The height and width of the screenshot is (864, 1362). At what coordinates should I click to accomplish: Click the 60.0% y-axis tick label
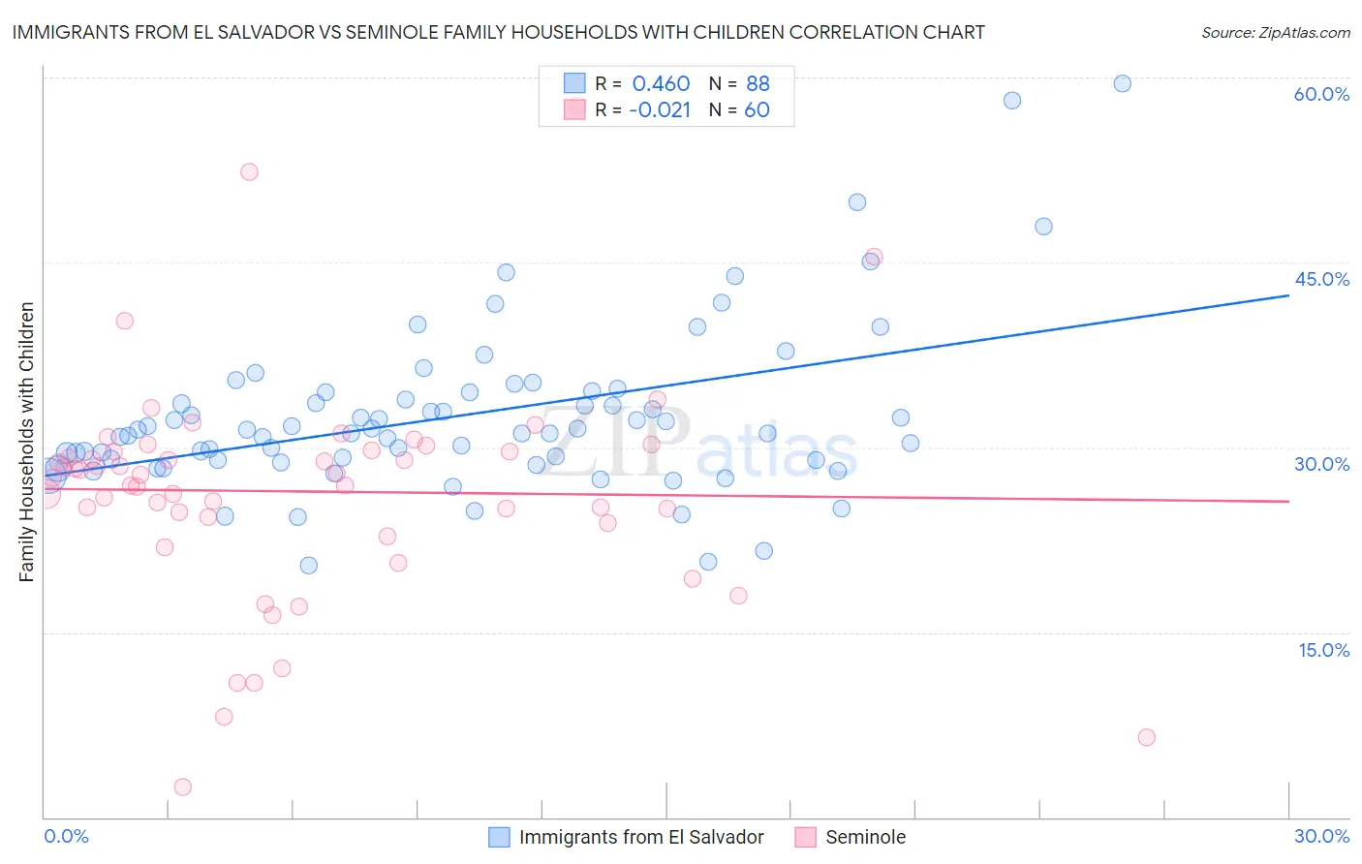click(x=1321, y=94)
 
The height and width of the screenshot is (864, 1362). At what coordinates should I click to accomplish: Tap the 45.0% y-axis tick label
click(x=1321, y=279)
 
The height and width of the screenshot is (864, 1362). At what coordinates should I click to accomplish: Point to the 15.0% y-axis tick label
click(x=1323, y=650)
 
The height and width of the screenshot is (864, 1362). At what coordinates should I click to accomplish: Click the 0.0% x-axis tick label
click(x=66, y=836)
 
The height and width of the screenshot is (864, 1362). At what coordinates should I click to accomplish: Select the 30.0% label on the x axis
click(x=1321, y=836)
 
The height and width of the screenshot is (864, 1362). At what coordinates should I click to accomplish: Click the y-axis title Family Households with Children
click(x=26, y=442)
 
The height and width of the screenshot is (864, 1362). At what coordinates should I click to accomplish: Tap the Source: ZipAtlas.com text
click(x=1275, y=32)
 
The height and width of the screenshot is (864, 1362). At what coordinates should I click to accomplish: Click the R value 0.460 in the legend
click(x=661, y=83)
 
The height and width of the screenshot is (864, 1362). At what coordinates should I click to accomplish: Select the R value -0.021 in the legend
click(x=659, y=109)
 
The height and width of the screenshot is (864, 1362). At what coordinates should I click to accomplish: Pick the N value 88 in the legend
click(x=758, y=83)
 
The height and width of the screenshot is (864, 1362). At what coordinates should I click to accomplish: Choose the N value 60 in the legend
click(x=757, y=109)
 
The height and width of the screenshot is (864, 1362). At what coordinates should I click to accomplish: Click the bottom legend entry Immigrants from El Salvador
click(x=640, y=837)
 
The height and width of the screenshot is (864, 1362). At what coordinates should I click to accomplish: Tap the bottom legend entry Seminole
click(x=864, y=837)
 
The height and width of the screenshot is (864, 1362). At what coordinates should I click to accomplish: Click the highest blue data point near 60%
click(x=1122, y=83)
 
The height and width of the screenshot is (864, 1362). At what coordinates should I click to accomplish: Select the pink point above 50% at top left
click(x=249, y=171)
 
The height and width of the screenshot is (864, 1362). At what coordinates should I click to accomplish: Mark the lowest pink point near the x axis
click(x=182, y=787)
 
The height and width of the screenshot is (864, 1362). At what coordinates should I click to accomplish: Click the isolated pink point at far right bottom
click(x=1146, y=737)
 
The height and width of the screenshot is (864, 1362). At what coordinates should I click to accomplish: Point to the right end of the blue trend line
click(x=1288, y=294)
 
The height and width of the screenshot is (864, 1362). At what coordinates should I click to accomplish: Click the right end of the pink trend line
click(x=1288, y=501)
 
